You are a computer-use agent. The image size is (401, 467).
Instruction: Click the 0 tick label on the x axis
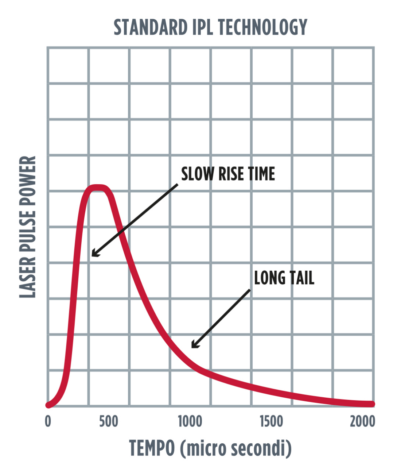point(48,421)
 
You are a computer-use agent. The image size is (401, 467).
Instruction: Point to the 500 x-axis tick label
point(109,421)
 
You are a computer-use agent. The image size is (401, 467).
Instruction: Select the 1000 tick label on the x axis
point(190,421)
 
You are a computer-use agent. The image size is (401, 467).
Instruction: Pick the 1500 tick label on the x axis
point(271,421)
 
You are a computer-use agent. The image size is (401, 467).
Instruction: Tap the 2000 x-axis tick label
point(362,421)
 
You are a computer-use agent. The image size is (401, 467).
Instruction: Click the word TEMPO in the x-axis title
point(152,448)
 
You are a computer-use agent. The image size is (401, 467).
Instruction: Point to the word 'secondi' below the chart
point(260,448)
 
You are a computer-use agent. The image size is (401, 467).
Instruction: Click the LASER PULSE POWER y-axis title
point(28,227)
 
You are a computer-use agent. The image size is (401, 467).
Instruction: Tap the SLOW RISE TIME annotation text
point(228,174)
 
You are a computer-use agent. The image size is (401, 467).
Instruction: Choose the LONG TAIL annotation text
point(284,278)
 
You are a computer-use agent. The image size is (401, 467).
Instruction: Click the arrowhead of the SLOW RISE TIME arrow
point(93,255)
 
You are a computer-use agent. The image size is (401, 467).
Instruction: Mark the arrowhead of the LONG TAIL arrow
point(193,346)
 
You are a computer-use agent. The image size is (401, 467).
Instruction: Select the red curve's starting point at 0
point(48,404)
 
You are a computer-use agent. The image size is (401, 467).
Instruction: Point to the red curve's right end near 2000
point(372,404)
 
